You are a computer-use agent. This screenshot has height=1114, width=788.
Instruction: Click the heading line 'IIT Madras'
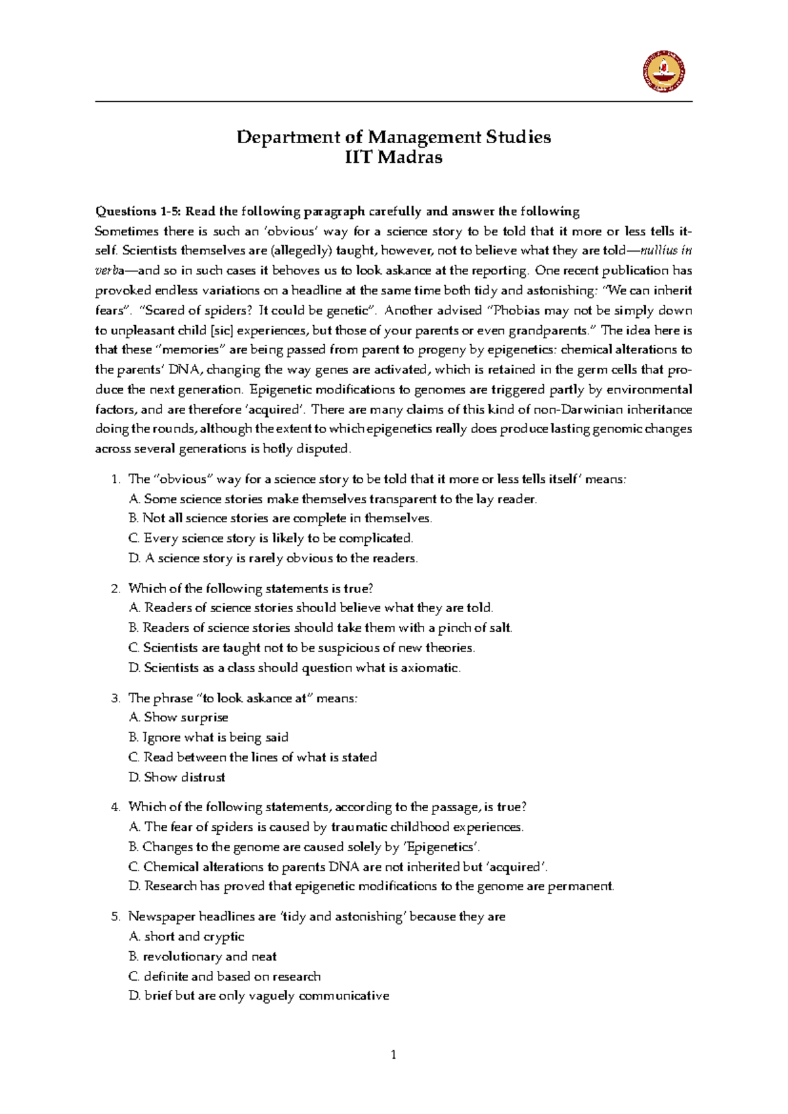393,158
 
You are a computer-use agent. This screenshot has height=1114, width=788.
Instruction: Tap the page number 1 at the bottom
393,1055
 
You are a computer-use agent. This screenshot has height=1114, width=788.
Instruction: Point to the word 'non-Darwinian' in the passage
579,410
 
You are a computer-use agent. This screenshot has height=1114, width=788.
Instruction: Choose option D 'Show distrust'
177,777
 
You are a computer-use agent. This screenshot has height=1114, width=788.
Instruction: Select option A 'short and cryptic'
187,937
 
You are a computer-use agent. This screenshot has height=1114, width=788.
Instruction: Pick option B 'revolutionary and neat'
203,956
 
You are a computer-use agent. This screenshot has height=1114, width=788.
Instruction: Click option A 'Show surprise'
179,718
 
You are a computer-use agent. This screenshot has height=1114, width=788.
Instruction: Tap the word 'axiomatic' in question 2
429,668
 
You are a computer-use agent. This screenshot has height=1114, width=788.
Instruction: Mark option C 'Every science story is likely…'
271,539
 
